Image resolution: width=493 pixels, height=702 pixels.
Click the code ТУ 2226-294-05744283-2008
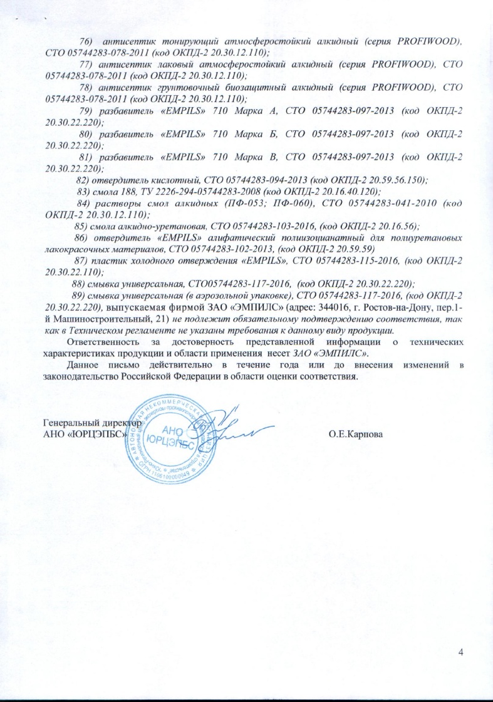197,192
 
